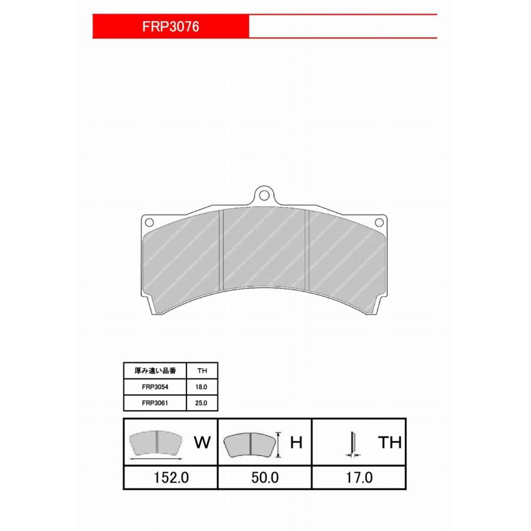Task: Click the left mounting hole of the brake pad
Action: click(149, 222)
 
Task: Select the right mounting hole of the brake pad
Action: click(380, 222)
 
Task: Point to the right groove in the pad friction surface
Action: click(306, 251)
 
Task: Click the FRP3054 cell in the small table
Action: click(155, 387)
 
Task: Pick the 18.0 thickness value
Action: click(202, 387)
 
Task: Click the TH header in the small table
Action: click(202, 371)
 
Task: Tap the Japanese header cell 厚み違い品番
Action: click(155, 371)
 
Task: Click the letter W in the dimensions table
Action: click(202, 443)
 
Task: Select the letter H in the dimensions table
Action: click(296, 443)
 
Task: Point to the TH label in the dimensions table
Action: click(389, 443)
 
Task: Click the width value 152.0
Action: click(171, 478)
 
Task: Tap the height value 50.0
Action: click(264, 478)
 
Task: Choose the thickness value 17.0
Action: click(359, 478)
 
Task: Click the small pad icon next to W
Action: click(156, 443)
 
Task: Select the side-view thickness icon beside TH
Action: click(352, 444)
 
